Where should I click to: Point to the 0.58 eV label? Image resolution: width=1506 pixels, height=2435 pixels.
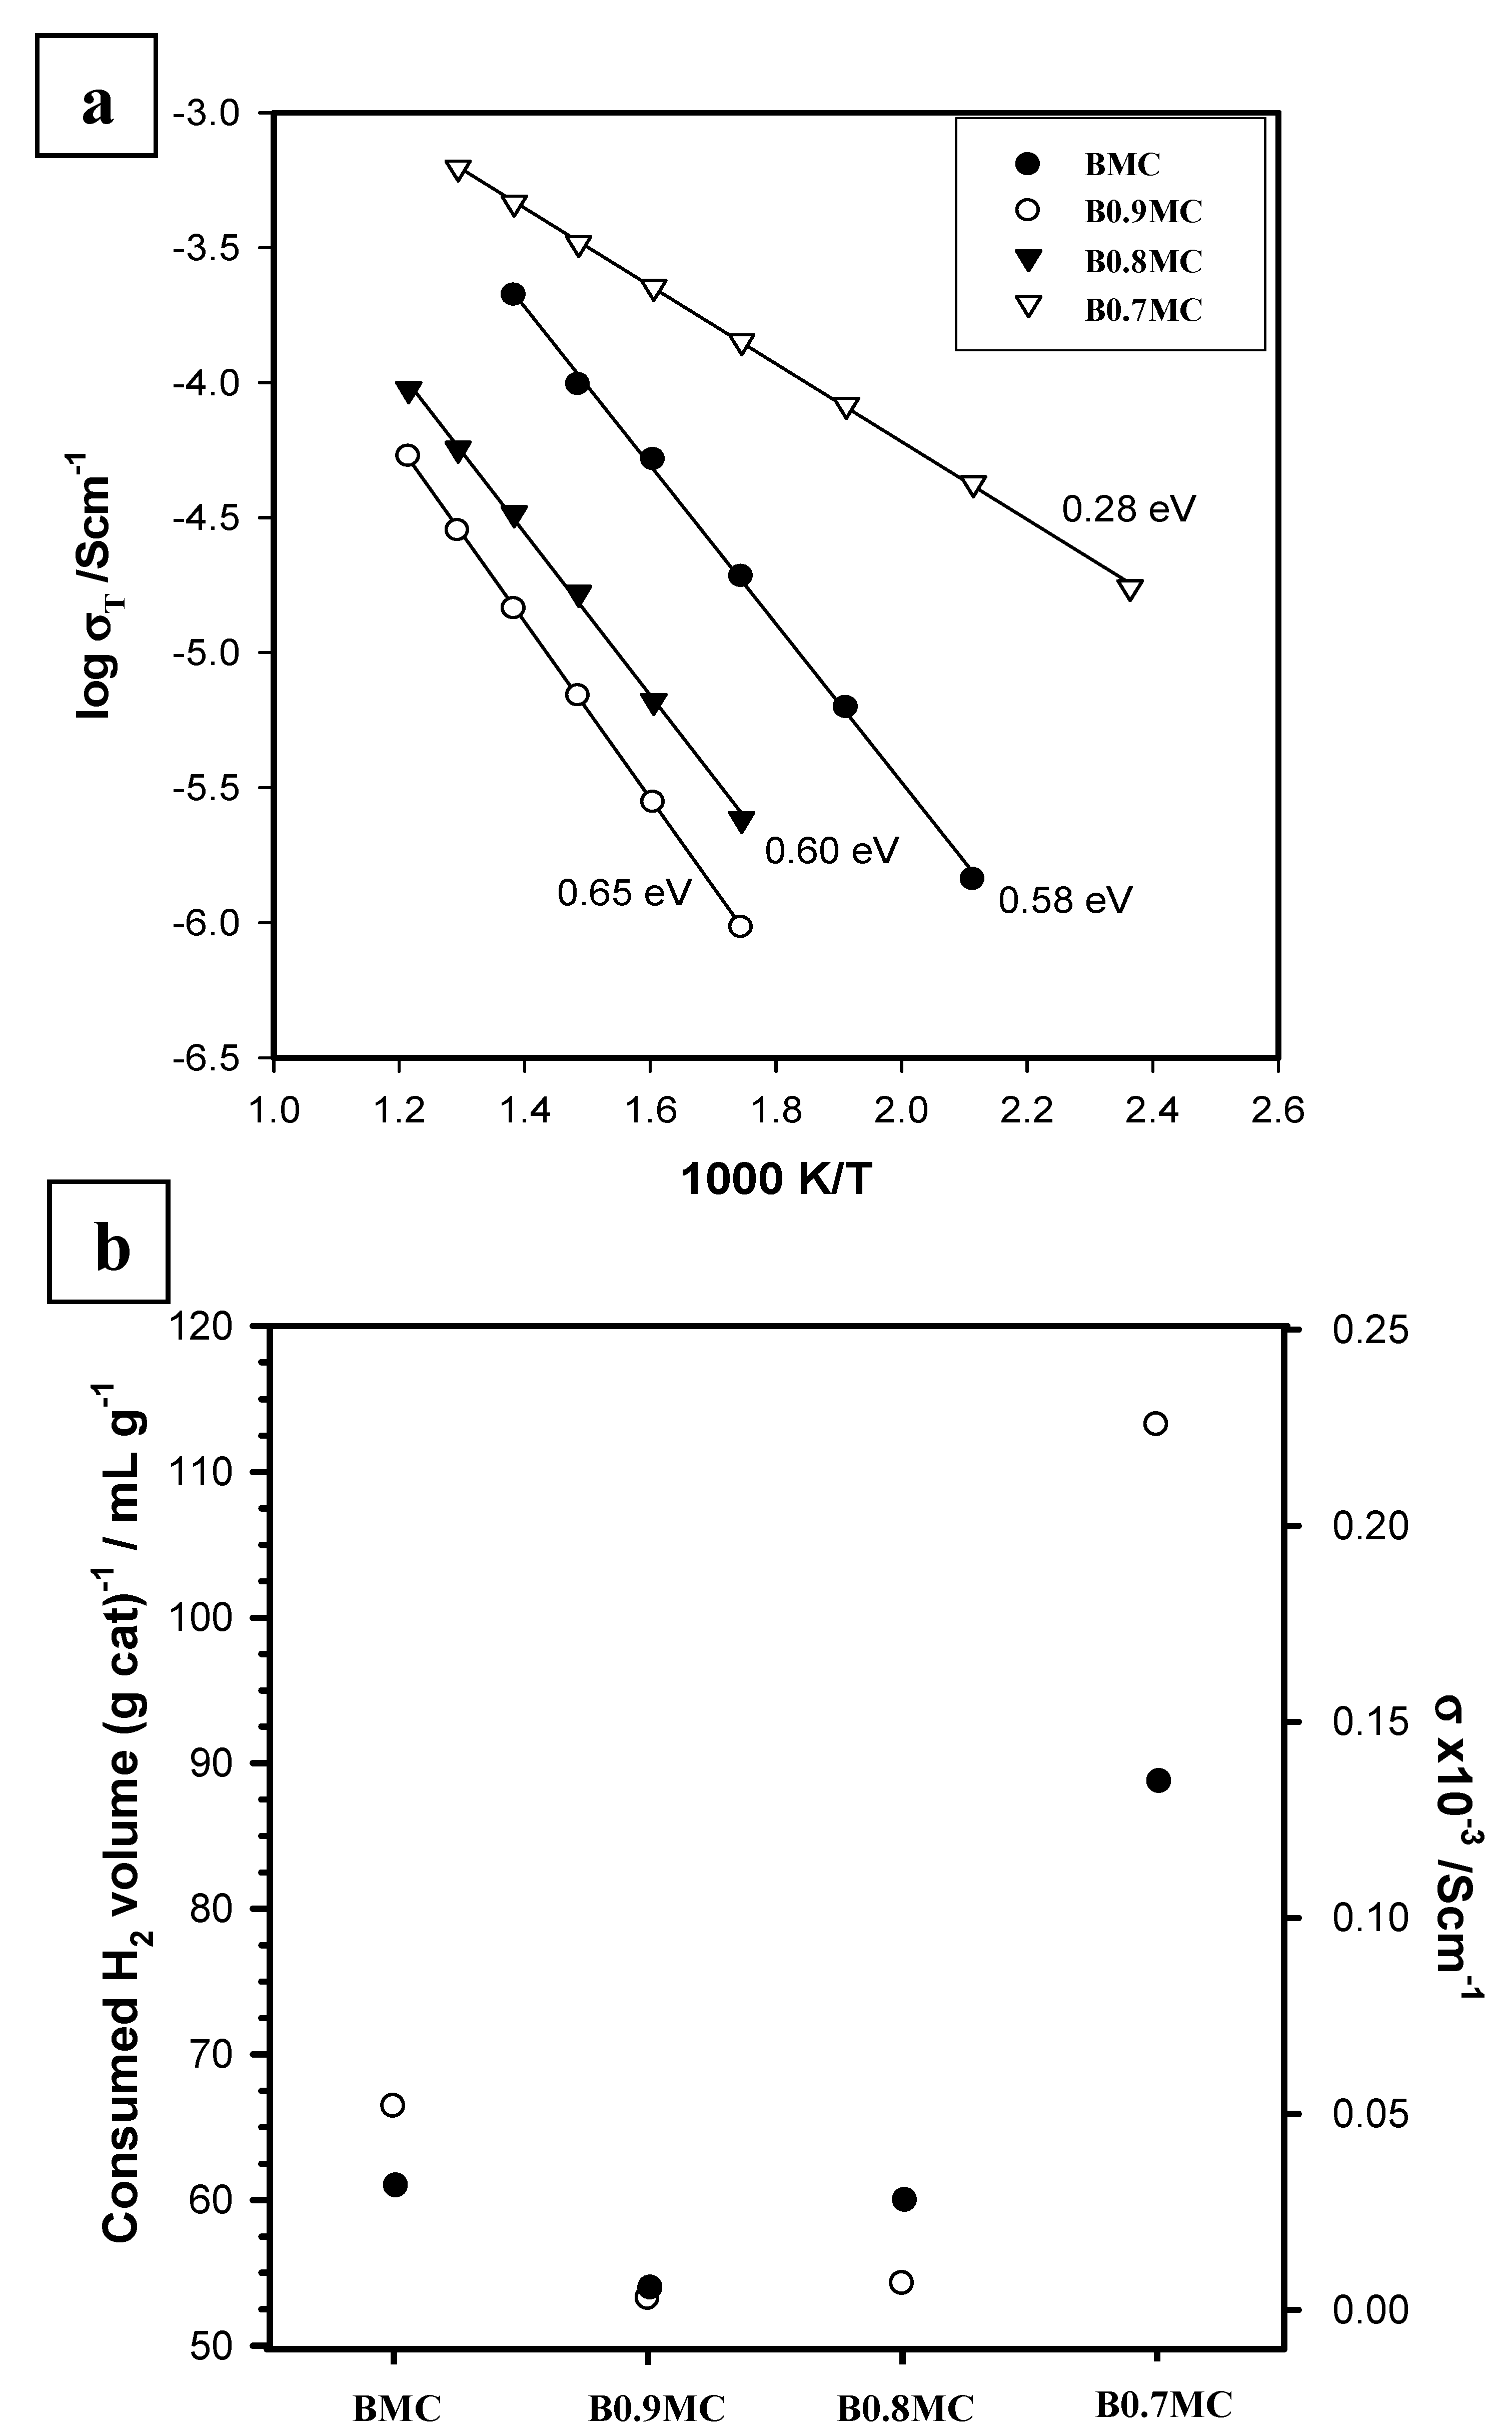[1065, 900]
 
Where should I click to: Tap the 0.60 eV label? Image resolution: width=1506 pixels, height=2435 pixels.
[832, 850]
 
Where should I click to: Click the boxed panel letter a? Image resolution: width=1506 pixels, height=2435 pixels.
[97, 96]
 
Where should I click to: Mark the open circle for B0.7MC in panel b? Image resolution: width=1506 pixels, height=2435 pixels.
[1155, 1423]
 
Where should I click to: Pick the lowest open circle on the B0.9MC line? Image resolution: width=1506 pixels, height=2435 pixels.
[740, 926]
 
